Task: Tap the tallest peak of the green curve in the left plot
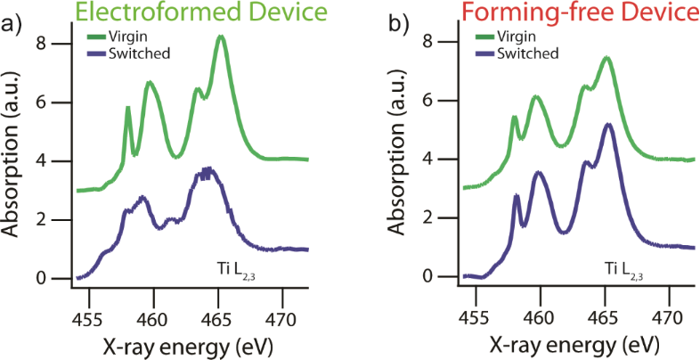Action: tap(221, 38)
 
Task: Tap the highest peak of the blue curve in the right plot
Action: tap(609, 125)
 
